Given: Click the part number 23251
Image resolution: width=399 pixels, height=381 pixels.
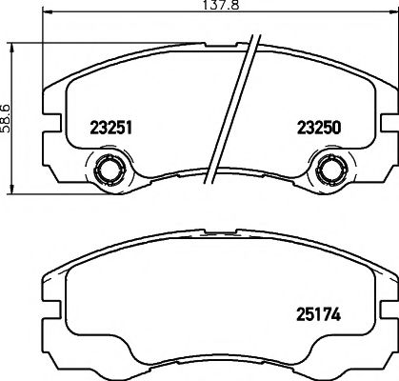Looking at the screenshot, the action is point(110,129).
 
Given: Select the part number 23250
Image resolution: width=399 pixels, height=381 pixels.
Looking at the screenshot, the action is point(319,128).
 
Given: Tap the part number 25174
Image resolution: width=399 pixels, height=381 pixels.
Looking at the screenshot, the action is point(318,314).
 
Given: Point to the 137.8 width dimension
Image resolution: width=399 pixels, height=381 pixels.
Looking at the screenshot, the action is point(220,5).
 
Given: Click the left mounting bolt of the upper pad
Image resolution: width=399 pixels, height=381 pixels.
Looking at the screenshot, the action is point(109,170).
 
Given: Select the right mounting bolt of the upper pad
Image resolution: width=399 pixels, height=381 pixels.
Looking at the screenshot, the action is point(330,170).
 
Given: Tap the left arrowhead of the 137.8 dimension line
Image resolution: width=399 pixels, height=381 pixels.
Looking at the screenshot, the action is point(47,12).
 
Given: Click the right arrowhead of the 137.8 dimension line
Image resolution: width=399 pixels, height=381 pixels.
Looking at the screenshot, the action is point(393,12).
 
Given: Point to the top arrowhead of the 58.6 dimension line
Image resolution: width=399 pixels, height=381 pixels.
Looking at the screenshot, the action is point(12,49).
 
